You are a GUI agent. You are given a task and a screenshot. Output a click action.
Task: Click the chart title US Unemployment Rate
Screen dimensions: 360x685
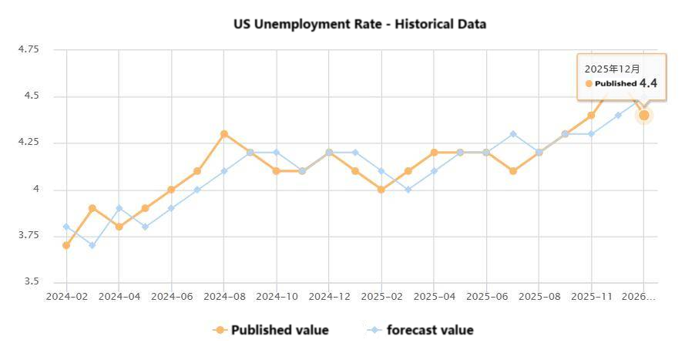pos(360,24)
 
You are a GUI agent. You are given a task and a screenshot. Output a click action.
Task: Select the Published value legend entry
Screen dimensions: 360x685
pos(270,330)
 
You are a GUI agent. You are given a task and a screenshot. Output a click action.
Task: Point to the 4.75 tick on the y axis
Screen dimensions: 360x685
pos(28,49)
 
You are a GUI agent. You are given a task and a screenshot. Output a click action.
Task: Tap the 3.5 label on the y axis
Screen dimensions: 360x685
pos(31,282)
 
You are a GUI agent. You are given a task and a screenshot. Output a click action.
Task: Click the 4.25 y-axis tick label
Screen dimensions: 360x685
pos(28,143)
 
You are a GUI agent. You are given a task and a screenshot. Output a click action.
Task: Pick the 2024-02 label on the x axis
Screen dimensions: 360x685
pos(66,296)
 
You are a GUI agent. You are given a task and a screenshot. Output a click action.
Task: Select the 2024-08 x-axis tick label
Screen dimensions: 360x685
pos(224,296)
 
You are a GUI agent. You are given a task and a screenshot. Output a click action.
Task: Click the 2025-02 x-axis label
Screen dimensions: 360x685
pos(381,296)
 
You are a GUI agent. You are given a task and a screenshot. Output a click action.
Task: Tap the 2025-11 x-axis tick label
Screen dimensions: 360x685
pos(591,296)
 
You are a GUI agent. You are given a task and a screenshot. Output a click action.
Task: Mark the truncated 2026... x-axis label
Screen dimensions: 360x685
pos(639,296)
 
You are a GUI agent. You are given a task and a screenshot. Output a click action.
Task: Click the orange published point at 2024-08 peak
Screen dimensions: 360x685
pos(224,133)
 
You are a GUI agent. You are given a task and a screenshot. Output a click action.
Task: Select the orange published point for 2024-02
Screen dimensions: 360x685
pos(66,245)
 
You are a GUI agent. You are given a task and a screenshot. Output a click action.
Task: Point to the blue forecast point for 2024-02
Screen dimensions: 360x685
pos(66,227)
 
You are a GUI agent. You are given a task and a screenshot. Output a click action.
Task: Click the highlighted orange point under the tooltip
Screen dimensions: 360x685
pos(643,115)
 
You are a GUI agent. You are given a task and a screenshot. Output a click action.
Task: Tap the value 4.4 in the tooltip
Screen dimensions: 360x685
pos(648,83)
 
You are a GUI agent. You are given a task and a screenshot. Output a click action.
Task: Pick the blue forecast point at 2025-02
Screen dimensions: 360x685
pos(381,171)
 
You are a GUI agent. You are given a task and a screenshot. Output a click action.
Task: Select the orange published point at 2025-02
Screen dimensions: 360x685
pos(381,190)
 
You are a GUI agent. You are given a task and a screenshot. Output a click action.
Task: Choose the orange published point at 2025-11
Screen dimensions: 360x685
pos(591,116)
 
